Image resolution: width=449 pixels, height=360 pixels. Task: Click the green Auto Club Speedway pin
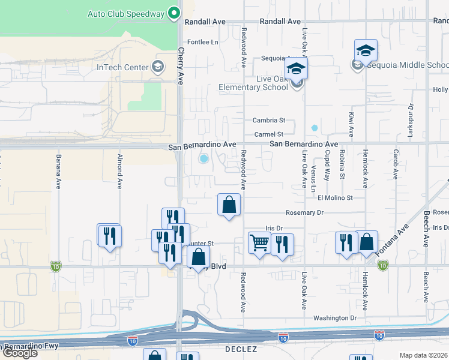point(174,13)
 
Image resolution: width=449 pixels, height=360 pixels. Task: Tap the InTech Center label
point(122,67)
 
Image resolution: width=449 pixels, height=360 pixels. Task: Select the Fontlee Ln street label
point(202,42)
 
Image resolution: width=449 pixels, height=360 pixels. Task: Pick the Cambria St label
point(268,120)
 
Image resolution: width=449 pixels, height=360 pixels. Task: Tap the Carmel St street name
point(268,134)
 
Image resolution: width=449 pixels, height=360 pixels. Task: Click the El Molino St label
point(343,197)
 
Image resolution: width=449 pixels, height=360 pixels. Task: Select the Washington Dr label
point(335,318)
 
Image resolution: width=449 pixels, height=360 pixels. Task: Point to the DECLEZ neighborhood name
point(241,349)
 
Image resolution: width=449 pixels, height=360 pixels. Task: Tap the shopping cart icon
point(259,244)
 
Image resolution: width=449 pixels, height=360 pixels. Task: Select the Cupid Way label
point(327,166)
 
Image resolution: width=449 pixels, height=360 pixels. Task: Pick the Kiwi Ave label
point(351,122)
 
